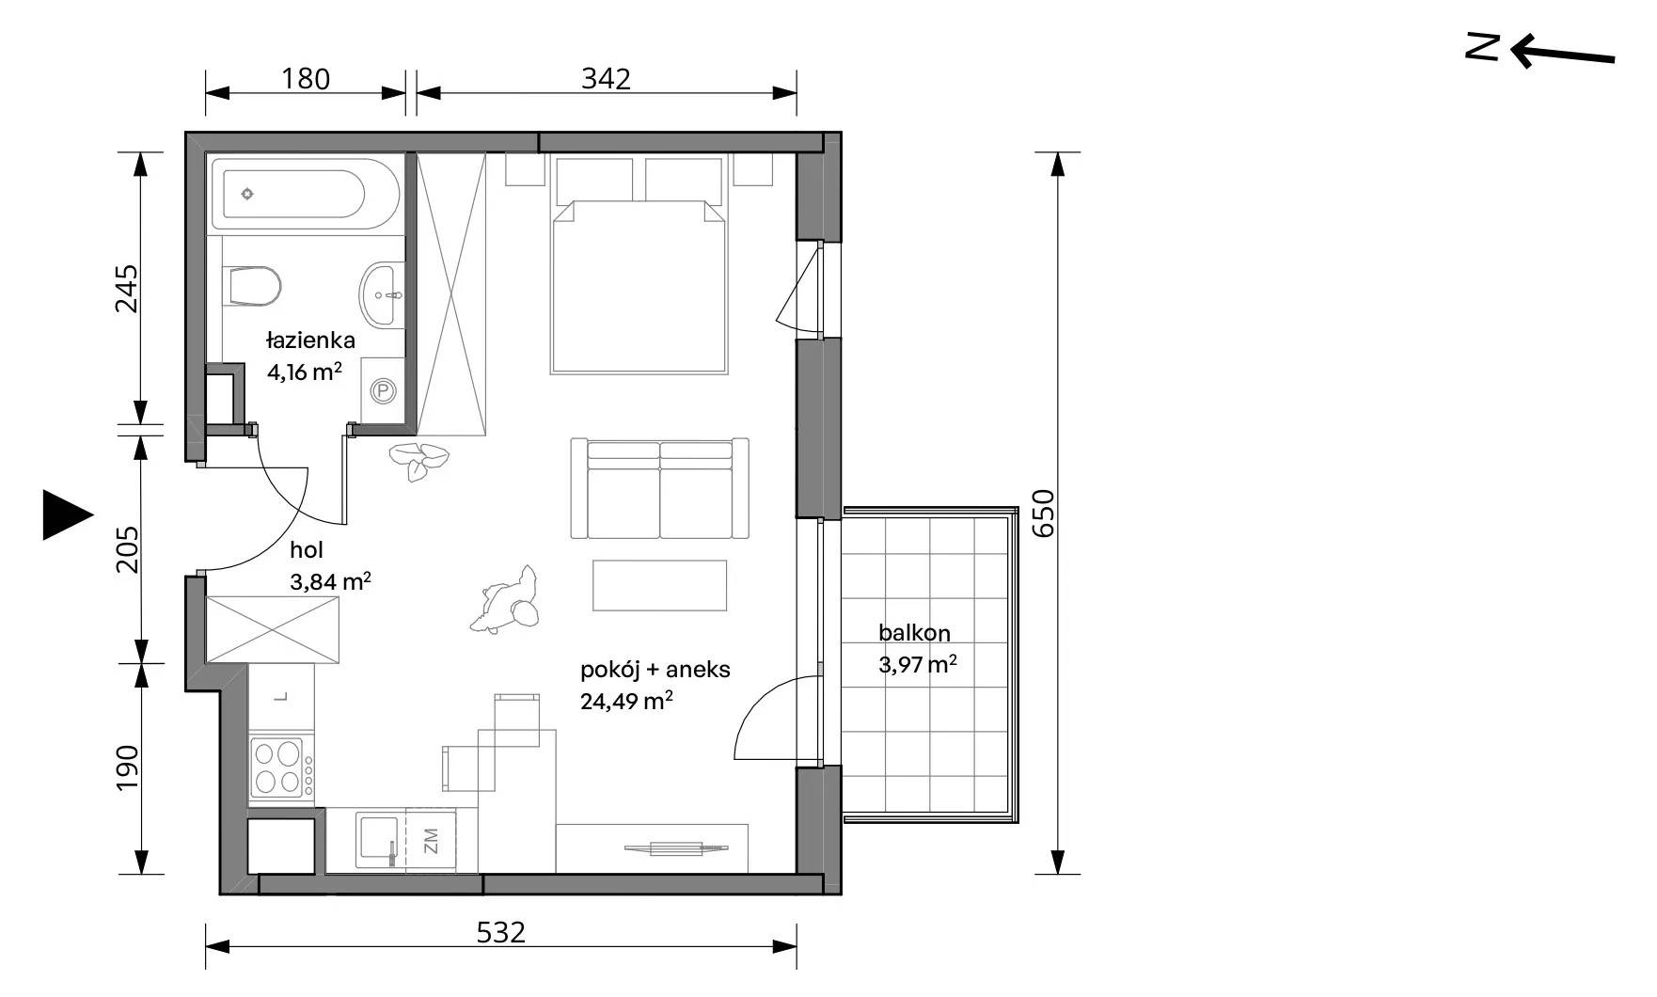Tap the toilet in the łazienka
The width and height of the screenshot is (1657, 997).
(254, 286)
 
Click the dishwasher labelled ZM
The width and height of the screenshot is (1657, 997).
(431, 840)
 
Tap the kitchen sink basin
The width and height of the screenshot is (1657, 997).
(380, 840)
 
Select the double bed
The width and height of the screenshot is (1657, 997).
(639, 286)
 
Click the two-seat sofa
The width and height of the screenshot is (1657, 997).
(659, 488)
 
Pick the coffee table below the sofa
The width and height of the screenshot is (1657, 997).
(659, 585)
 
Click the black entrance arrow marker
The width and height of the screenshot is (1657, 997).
(68, 515)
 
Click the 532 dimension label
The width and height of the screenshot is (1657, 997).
(500, 932)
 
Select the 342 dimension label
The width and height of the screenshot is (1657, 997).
(606, 78)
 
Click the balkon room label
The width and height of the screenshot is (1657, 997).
(914, 633)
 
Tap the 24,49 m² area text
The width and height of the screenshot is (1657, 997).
(626, 701)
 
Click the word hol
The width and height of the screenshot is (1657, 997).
(307, 550)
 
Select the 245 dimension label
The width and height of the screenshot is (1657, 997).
(126, 289)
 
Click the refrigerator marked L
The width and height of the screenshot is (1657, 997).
(282, 698)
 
